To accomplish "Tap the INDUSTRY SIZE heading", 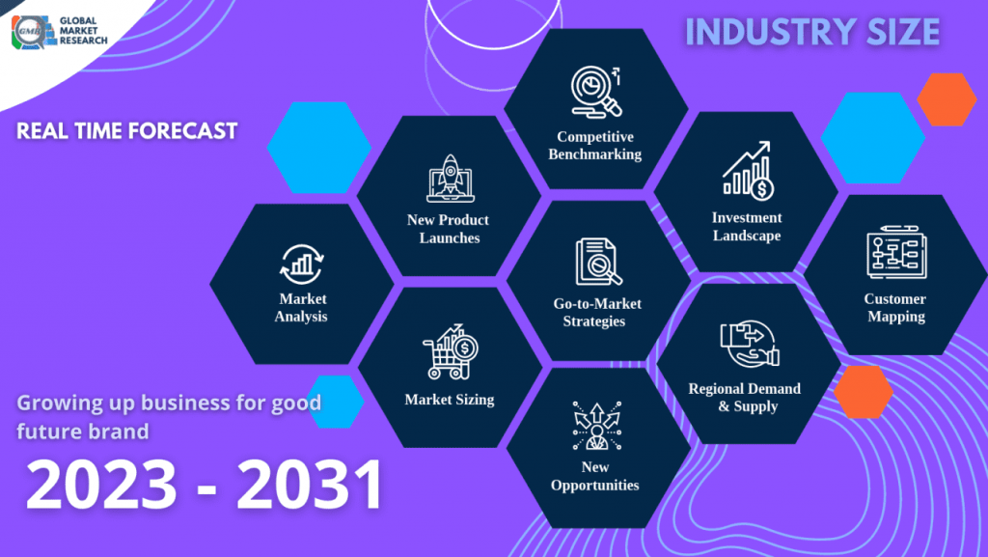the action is click(812, 32).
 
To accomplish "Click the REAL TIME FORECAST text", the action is click(126, 130).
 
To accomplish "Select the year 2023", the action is click(101, 484).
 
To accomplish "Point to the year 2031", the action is click(310, 484).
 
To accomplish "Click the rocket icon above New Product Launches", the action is click(450, 179).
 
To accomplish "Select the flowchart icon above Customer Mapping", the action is click(896, 252).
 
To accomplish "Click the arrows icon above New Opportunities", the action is click(596, 426).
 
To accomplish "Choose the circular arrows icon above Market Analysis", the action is click(302, 265).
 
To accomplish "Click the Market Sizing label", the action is click(450, 400).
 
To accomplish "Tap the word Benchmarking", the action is click(594, 154).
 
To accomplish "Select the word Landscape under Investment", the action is click(747, 236).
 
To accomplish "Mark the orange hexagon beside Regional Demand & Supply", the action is click(864, 392).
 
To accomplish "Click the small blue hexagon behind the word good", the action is click(335, 402).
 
